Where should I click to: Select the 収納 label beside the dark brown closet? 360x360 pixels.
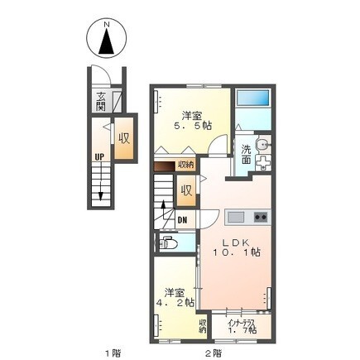pyautogui.click(x=186, y=165)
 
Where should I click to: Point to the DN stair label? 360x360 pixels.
pyautogui.click(x=181, y=219)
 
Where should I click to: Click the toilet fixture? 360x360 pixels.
pyautogui.click(x=167, y=243)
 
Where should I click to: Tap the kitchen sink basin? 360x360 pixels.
pyautogui.click(x=236, y=218)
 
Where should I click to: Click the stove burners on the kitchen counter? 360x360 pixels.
pyautogui.click(x=261, y=218)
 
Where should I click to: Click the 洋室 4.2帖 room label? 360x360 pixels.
pyautogui.click(x=177, y=297)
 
